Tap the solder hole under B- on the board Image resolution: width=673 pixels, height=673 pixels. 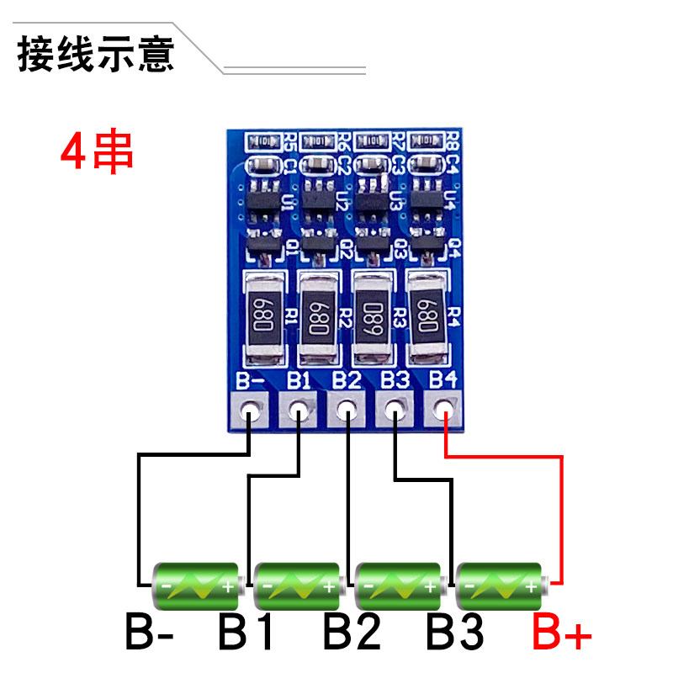pos(250,411)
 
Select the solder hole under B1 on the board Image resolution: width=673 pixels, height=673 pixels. pos(298,411)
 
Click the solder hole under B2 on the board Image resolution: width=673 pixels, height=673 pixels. pos(346,411)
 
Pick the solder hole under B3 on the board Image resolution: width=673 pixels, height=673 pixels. pos(394,411)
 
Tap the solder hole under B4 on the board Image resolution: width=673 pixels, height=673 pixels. pos(443,411)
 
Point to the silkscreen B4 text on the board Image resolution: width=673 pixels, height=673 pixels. pos(442,379)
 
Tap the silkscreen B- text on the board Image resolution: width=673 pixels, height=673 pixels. pos(251,379)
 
